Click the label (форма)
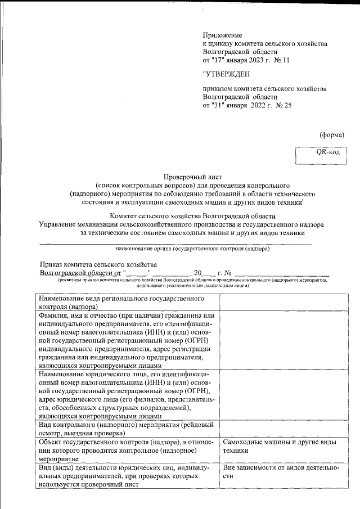click(331, 134)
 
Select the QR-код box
click(327, 152)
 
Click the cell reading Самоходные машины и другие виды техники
click(279, 447)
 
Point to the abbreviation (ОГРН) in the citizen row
click(202, 341)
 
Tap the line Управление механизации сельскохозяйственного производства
click(181, 224)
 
